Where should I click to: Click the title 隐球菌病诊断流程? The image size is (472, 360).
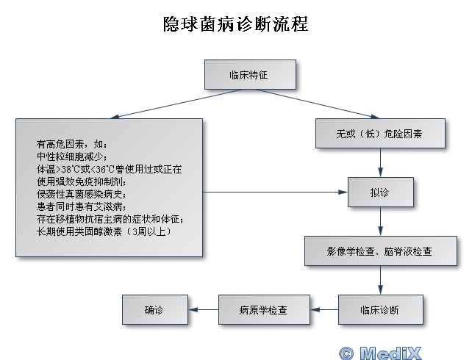tap(235, 24)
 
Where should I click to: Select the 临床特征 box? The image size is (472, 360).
tap(249, 74)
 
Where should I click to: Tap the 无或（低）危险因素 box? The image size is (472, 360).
tap(380, 134)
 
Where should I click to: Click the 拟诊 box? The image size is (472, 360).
tap(380, 192)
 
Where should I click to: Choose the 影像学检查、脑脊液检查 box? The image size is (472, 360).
tap(380, 251)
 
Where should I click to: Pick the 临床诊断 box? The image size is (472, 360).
tap(380, 310)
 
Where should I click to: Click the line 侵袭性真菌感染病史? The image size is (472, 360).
tap(82, 194)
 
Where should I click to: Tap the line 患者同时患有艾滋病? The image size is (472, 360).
tap(82, 206)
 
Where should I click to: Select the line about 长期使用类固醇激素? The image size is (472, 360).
tap(104, 231)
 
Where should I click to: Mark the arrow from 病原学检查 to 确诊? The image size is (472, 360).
tap(202, 310)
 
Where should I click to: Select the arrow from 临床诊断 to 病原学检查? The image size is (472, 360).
tap(322, 310)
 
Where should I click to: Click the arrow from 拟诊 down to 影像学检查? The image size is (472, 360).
tap(380, 221)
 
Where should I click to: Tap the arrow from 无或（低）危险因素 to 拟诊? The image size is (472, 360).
tap(380, 162)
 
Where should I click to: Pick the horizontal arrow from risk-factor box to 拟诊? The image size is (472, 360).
tap(276, 192)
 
